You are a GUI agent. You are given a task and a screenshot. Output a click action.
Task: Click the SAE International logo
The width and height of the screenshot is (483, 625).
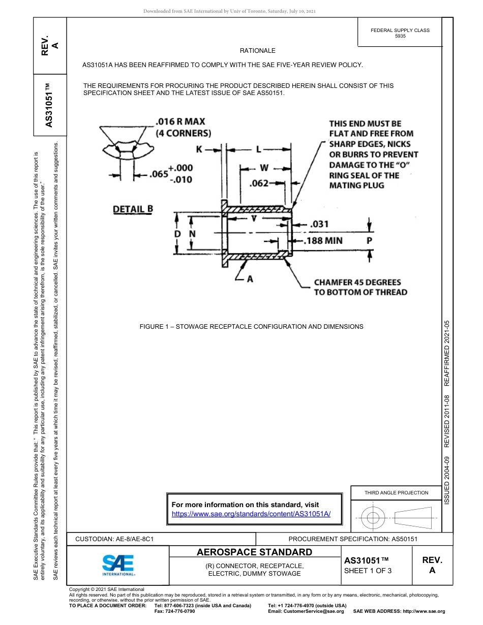[x=118, y=565]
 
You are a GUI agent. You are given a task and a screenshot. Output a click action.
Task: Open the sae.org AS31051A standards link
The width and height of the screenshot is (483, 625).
[x=251, y=514]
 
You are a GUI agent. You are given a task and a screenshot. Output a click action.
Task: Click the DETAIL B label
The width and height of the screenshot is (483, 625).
[x=133, y=209]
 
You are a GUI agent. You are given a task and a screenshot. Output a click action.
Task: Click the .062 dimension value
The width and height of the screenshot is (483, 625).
[x=259, y=183]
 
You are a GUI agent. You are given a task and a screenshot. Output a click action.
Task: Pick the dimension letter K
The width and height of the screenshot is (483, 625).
[x=199, y=149]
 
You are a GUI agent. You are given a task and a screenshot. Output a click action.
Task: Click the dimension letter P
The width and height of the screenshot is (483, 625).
[x=370, y=240]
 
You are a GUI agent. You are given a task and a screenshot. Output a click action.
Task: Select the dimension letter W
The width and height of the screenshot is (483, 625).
[x=264, y=167]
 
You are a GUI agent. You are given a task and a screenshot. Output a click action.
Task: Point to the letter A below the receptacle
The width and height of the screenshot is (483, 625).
[x=250, y=278]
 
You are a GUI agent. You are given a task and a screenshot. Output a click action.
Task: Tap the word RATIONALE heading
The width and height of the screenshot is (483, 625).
[x=257, y=51]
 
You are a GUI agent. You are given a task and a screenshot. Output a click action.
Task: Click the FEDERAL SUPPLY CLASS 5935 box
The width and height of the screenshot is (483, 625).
[x=400, y=33]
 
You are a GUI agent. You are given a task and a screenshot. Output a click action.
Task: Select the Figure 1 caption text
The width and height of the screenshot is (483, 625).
[x=251, y=327]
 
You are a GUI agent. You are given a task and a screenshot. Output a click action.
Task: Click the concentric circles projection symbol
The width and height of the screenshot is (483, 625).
[x=374, y=518]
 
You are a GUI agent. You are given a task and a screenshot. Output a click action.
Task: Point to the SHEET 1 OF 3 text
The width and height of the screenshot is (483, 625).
[x=368, y=570]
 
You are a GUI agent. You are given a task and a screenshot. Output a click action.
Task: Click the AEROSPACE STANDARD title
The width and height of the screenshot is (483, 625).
[x=254, y=552]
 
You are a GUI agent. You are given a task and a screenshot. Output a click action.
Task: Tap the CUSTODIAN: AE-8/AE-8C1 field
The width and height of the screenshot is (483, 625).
[x=114, y=539]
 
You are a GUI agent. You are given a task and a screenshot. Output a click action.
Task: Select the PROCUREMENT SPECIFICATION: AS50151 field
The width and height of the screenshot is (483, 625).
[x=353, y=539]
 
